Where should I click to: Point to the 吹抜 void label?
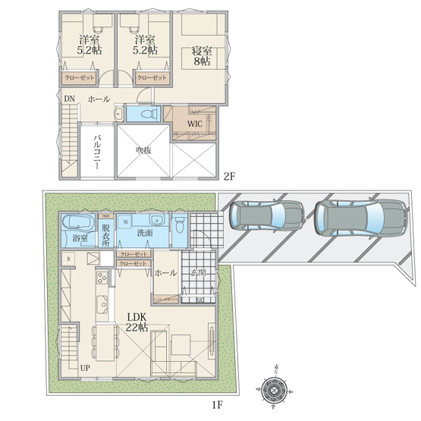click(143, 150)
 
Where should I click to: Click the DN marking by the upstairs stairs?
click(68, 99)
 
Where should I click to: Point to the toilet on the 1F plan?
click(179, 225)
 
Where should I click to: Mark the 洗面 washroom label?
click(145, 233)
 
